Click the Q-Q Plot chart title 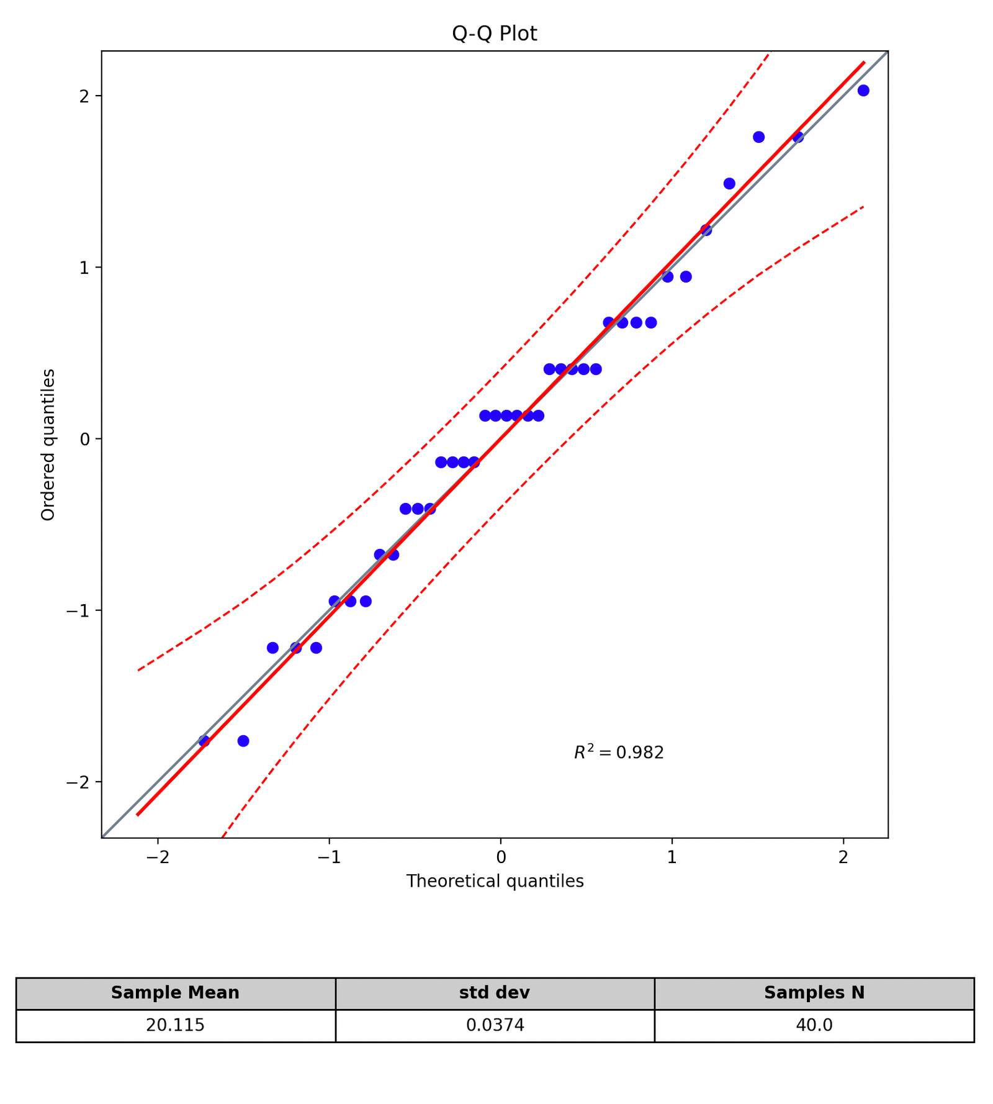(494, 34)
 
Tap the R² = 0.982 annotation (619, 753)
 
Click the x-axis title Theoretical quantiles (495, 881)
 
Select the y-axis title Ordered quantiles (48, 445)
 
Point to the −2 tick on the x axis (158, 857)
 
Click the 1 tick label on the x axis (672, 857)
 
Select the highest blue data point (863, 91)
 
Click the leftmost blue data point (204, 741)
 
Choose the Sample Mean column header (175, 993)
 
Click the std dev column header (495, 993)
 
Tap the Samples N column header (814, 993)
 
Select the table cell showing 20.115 (175, 1025)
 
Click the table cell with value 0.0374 (495, 1025)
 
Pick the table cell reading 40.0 (814, 1025)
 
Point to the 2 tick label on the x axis (843, 857)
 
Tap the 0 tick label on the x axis (500, 857)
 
